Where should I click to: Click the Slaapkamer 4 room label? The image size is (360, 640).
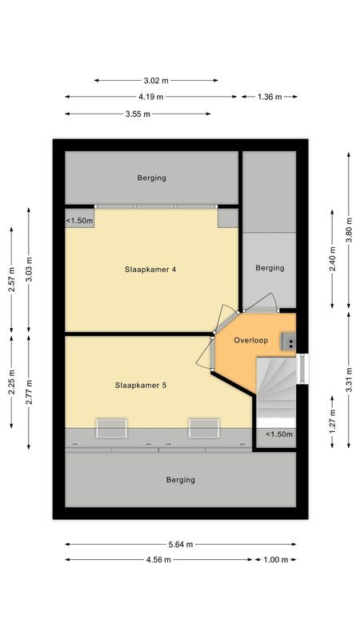click(x=150, y=270)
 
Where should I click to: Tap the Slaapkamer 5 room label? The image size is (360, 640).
click(x=141, y=385)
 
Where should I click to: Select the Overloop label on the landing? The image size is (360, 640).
click(x=251, y=340)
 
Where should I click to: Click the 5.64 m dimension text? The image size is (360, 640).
click(x=181, y=544)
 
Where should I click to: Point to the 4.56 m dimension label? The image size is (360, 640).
click(x=158, y=559)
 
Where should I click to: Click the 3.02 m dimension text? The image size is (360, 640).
click(x=156, y=81)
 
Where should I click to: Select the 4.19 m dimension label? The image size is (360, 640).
click(x=151, y=97)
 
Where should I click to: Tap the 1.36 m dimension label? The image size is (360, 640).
click(x=270, y=97)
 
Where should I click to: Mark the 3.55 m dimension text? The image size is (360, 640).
click(x=138, y=114)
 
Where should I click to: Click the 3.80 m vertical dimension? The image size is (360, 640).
click(x=349, y=230)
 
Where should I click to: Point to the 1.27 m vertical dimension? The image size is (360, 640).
click(x=332, y=422)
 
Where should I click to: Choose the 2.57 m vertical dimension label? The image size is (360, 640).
click(x=11, y=279)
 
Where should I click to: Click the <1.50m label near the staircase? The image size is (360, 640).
click(x=279, y=434)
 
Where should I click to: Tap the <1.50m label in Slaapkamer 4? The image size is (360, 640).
click(x=79, y=221)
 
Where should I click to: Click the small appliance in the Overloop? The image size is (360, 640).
click(x=289, y=342)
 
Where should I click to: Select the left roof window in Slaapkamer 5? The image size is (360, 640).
click(x=111, y=428)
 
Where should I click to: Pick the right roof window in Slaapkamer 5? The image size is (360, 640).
click(x=204, y=428)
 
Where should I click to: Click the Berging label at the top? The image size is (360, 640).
click(x=151, y=178)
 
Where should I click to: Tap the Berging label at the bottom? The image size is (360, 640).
click(x=181, y=480)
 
